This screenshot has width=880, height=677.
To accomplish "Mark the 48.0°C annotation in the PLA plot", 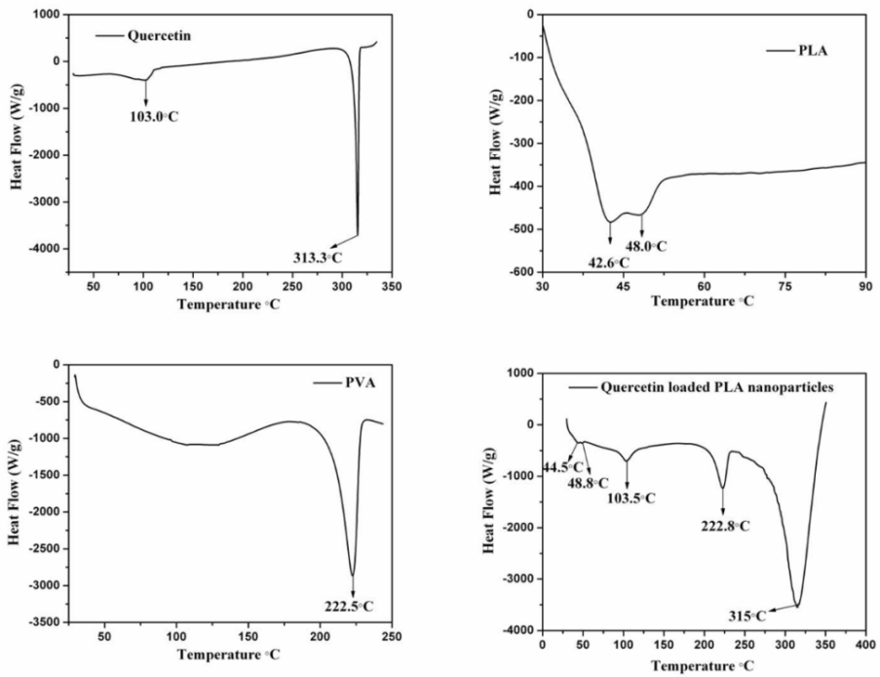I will tap(646, 246).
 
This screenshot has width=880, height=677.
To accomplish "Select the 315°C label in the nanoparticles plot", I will tap(747, 615).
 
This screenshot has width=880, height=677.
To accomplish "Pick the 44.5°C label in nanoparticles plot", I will tap(555, 467).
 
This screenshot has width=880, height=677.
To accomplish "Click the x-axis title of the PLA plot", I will tap(703, 301).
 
